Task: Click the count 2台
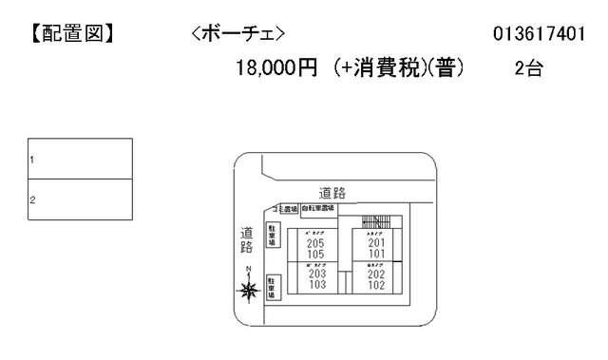pos(528,69)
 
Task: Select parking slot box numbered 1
pos(79,160)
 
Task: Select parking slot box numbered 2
pos(79,199)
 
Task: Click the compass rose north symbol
pos(249,291)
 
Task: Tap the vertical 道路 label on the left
pos(246,239)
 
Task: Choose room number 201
pos(376,243)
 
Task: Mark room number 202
pos(376,275)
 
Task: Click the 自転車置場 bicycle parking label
pos(317,208)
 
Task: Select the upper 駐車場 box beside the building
pos(272,234)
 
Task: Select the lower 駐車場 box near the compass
pos(272,289)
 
